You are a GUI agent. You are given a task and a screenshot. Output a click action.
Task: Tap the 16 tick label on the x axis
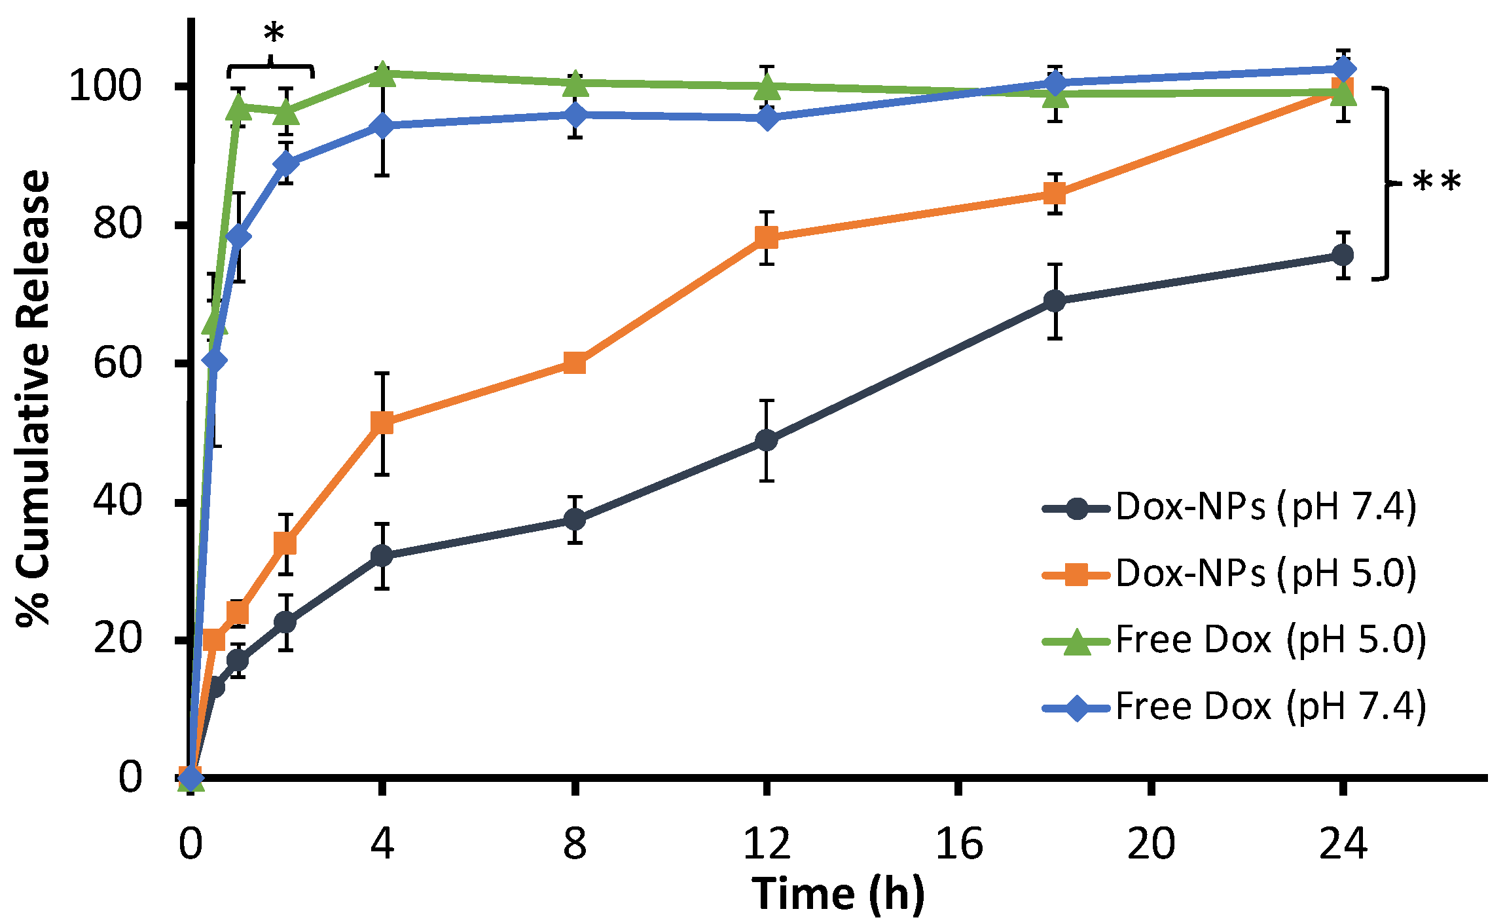point(959,843)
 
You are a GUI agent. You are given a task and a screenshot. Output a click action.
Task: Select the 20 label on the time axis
point(1151,843)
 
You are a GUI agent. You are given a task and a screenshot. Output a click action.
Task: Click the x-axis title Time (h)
point(838,894)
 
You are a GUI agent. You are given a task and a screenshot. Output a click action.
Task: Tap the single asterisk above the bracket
point(273,35)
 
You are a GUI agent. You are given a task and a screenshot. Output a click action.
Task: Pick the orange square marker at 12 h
point(767,237)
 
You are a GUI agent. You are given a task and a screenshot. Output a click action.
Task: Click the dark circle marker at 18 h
point(1055,301)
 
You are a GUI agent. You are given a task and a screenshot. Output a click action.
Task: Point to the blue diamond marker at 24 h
point(1343,69)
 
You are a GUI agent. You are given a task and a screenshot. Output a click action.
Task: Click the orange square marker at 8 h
point(574,362)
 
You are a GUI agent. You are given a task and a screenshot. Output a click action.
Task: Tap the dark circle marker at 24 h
point(1343,255)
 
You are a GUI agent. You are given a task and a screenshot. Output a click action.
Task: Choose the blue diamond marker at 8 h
point(575,115)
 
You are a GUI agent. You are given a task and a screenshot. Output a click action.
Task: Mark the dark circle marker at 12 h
point(767,440)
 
